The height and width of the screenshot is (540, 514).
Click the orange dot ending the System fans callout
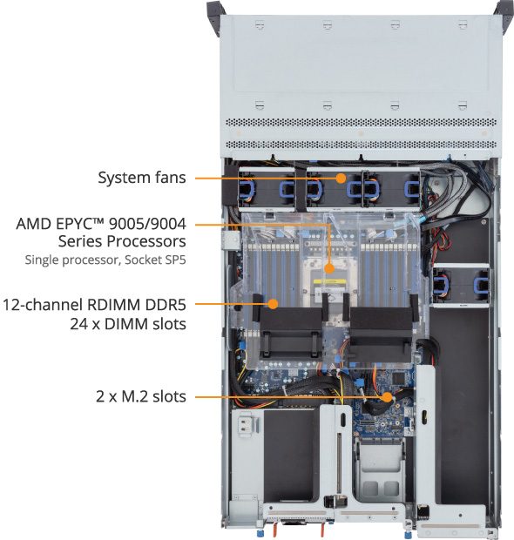341,178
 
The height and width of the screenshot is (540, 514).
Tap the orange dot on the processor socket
329,268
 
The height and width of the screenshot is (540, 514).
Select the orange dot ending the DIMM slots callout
273,304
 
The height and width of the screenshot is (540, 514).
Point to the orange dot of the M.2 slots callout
388,397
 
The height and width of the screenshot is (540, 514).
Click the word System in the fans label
125,178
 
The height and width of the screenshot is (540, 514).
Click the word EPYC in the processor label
79,224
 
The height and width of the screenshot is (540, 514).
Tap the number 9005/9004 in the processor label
147,224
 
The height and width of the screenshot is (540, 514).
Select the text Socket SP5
155,260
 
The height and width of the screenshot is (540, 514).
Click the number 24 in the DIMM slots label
79,324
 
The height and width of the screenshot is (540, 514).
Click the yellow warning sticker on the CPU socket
329,283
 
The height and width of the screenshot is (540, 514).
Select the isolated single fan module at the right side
461,285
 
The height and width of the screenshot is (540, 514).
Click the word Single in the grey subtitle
43,260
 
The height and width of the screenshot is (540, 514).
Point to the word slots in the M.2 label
170,397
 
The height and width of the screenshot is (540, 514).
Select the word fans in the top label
171,178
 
